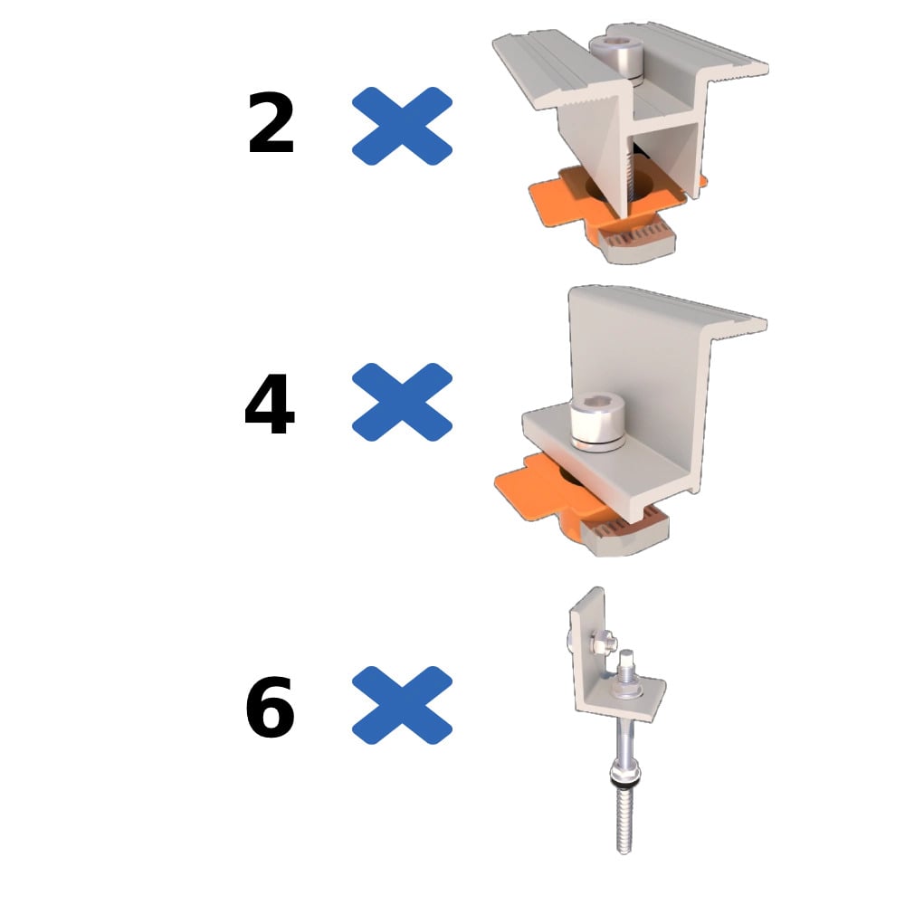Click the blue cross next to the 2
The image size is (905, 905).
[402, 126]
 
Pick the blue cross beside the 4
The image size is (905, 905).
[402, 402]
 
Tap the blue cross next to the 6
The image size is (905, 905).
[402, 705]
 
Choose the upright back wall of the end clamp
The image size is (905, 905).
[633, 344]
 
